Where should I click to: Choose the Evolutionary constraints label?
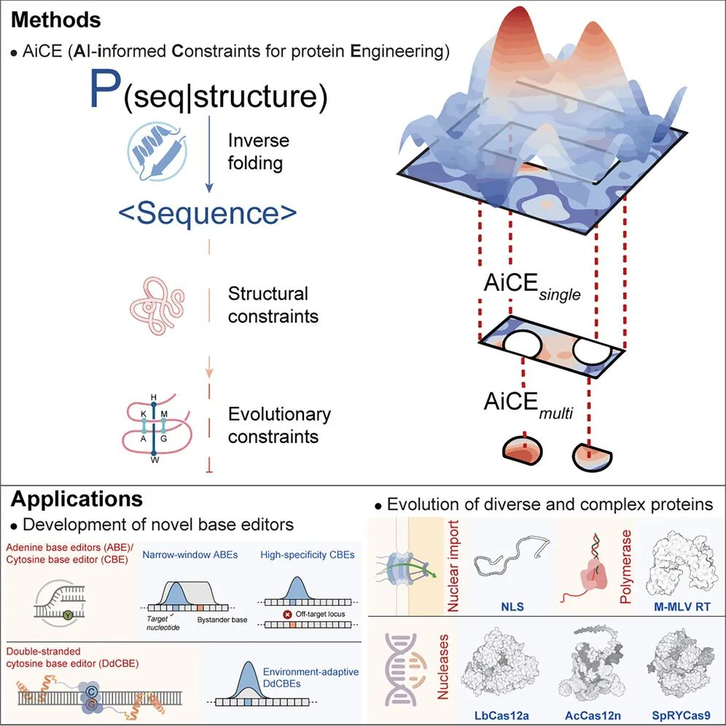(279, 426)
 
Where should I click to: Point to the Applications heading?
(77, 499)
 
